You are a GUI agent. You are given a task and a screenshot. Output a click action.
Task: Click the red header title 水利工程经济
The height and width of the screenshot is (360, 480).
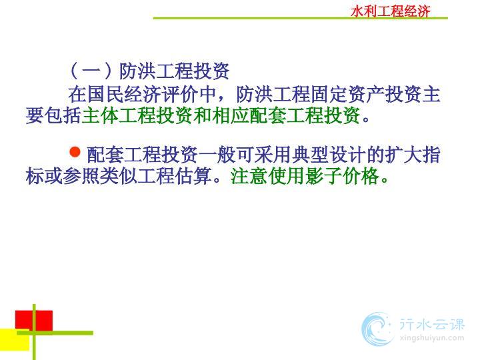click(x=390, y=11)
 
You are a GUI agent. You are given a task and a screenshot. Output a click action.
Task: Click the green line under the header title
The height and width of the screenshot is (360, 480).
click(x=300, y=19)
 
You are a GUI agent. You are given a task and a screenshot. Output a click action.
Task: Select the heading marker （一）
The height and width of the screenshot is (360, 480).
click(x=90, y=71)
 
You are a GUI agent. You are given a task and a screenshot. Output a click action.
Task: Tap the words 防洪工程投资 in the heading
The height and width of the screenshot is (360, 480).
click(x=174, y=71)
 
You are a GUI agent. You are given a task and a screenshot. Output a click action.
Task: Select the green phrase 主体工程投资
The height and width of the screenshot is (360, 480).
click(x=137, y=115)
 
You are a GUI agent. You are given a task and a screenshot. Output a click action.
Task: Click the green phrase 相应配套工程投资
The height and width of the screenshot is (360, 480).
click(x=285, y=115)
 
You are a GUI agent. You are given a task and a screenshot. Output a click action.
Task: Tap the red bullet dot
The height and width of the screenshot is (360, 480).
click(x=75, y=152)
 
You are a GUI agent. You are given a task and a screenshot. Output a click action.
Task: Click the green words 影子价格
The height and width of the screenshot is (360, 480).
click(x=342, y=176)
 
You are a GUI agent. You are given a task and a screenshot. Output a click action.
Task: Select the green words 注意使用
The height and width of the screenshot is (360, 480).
click(x=267, y=176)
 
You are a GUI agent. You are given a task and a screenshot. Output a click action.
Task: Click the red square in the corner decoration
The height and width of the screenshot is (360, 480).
click(x=34, y=321)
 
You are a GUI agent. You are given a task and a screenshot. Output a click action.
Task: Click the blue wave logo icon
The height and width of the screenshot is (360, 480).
click(x=377, y=329)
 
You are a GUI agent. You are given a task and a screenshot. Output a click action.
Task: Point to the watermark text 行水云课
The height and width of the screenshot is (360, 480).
click(x=432, y=325)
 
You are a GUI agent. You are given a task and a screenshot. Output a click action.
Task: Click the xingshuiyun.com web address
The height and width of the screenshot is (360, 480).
click(x=432, y=338)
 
